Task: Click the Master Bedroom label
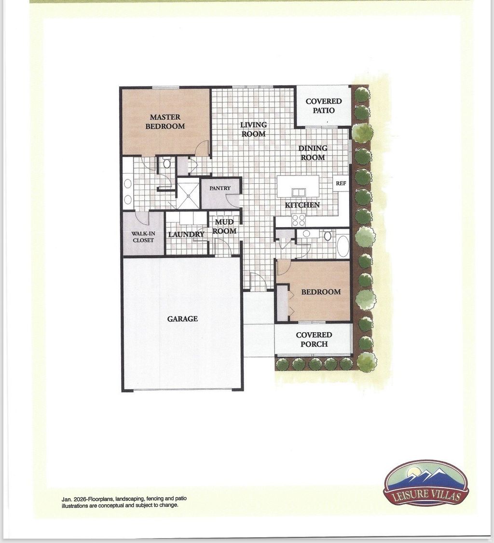(165, 122)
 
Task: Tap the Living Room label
(253, 129)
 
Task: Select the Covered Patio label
(323, 106)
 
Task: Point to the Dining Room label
(313, 153)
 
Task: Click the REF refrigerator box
(341, 183)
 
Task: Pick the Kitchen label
(302, 205)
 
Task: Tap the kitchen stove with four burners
(299, 220)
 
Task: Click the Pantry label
(220, 188)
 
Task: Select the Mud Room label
(224, 227)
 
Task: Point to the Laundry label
(186, 234)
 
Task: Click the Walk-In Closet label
(143, 237)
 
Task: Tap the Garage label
(182, 319)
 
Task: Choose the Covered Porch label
(314, 339)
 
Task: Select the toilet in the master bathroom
(167, 163)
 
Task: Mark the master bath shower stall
(187, 194)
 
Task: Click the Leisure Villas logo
(425, 483)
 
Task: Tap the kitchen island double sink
(298, 192)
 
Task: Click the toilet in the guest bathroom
(328, 236)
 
